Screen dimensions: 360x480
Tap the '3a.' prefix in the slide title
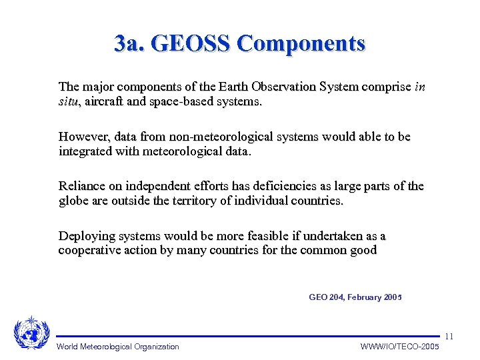[x=129, y=43]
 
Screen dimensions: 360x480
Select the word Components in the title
[x=301, y=43]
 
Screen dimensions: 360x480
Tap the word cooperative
[x=91, y=251]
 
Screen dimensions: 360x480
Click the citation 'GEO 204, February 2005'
[x=355, y=297]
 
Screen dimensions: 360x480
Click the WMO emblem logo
[x=31, y=331]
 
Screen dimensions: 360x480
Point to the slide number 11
[x=449, y=336]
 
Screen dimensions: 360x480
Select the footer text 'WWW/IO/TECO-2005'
[x=399, y=347]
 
